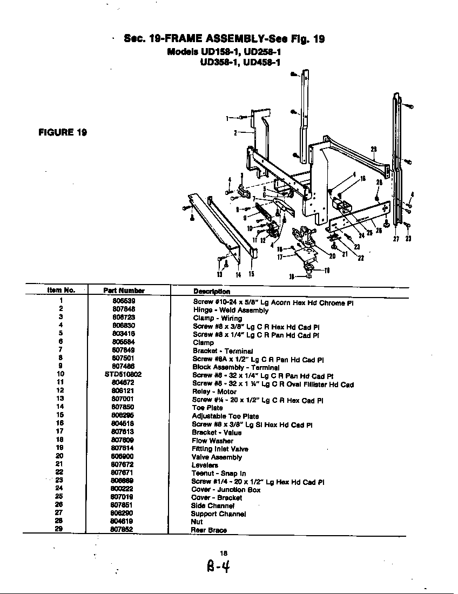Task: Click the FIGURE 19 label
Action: click(x=63, y=132)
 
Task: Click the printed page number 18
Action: click(x=224, y=552)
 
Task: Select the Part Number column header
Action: click(x=124, y=291)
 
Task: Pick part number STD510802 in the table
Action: click(x=123, y=374)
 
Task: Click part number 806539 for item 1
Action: click(x=123, y=301)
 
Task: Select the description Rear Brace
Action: click(x=208, y=530)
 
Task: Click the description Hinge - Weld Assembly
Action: click(x=231, y=310)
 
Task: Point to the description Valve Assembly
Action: click(x=217, y=457)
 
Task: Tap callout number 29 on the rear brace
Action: click(x=374, y=149)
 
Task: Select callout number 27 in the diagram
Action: click(x=396, y=240)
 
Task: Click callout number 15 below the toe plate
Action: click(x=251, y=274)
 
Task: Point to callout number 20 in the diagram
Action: click(x=332, y=256)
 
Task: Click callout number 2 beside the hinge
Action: click(x=235, y=132)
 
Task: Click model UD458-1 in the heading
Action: click(x=262, y=62)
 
